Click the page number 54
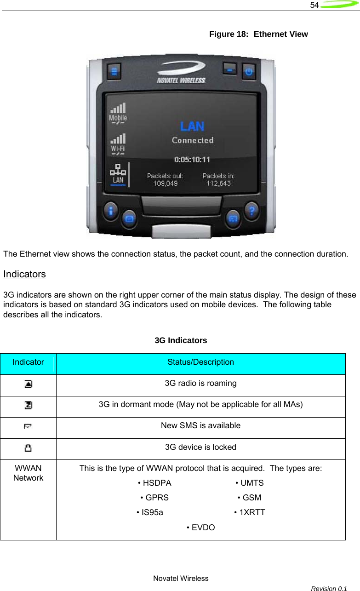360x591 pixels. tap(314, 5)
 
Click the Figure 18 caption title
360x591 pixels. tap(258, 34)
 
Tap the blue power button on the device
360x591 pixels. tap(249, 72)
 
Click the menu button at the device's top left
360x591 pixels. tap(114, 72)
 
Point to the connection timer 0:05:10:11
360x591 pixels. tap(192, 160)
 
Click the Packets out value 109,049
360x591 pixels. tap(165, 183)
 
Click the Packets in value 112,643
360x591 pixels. tap(218, 183)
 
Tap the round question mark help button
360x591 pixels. tap(251, 211)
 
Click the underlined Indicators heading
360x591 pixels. tap(25, 274)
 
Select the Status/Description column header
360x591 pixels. tap(200, 362)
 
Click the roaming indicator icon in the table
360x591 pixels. tap(29, 384)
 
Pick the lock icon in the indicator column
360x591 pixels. tap(29, 448)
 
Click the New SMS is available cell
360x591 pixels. tap(200, 426)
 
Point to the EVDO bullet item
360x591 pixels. tap(201, 528)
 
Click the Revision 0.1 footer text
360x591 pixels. tap(329, 589)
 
